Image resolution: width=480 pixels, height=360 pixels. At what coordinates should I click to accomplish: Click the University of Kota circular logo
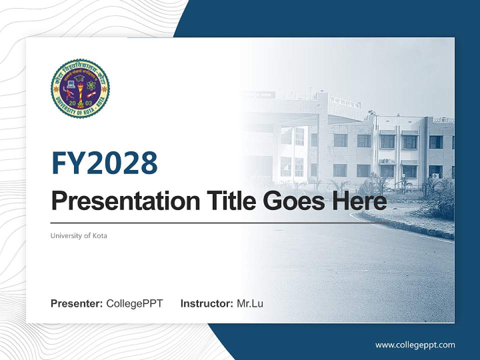click(x=80, y=88)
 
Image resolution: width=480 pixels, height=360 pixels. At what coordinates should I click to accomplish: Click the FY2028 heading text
click(x=104, y=163)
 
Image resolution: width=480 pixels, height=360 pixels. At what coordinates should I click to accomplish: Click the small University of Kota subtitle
click(x=78, y=235)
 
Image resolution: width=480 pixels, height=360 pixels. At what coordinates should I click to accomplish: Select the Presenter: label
click(x=77, y=303)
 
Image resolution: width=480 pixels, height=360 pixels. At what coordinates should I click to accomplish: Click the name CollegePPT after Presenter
click(x=134, y=303)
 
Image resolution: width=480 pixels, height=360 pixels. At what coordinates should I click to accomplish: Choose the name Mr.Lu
click(x=249, y=303)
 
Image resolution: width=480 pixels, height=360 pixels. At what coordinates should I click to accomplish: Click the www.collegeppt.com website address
click(x=415, y=344)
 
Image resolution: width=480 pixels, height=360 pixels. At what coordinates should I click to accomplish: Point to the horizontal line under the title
click(x=210, y=223)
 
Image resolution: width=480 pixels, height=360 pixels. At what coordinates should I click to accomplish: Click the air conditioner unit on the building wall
click(x=387, y=161)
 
